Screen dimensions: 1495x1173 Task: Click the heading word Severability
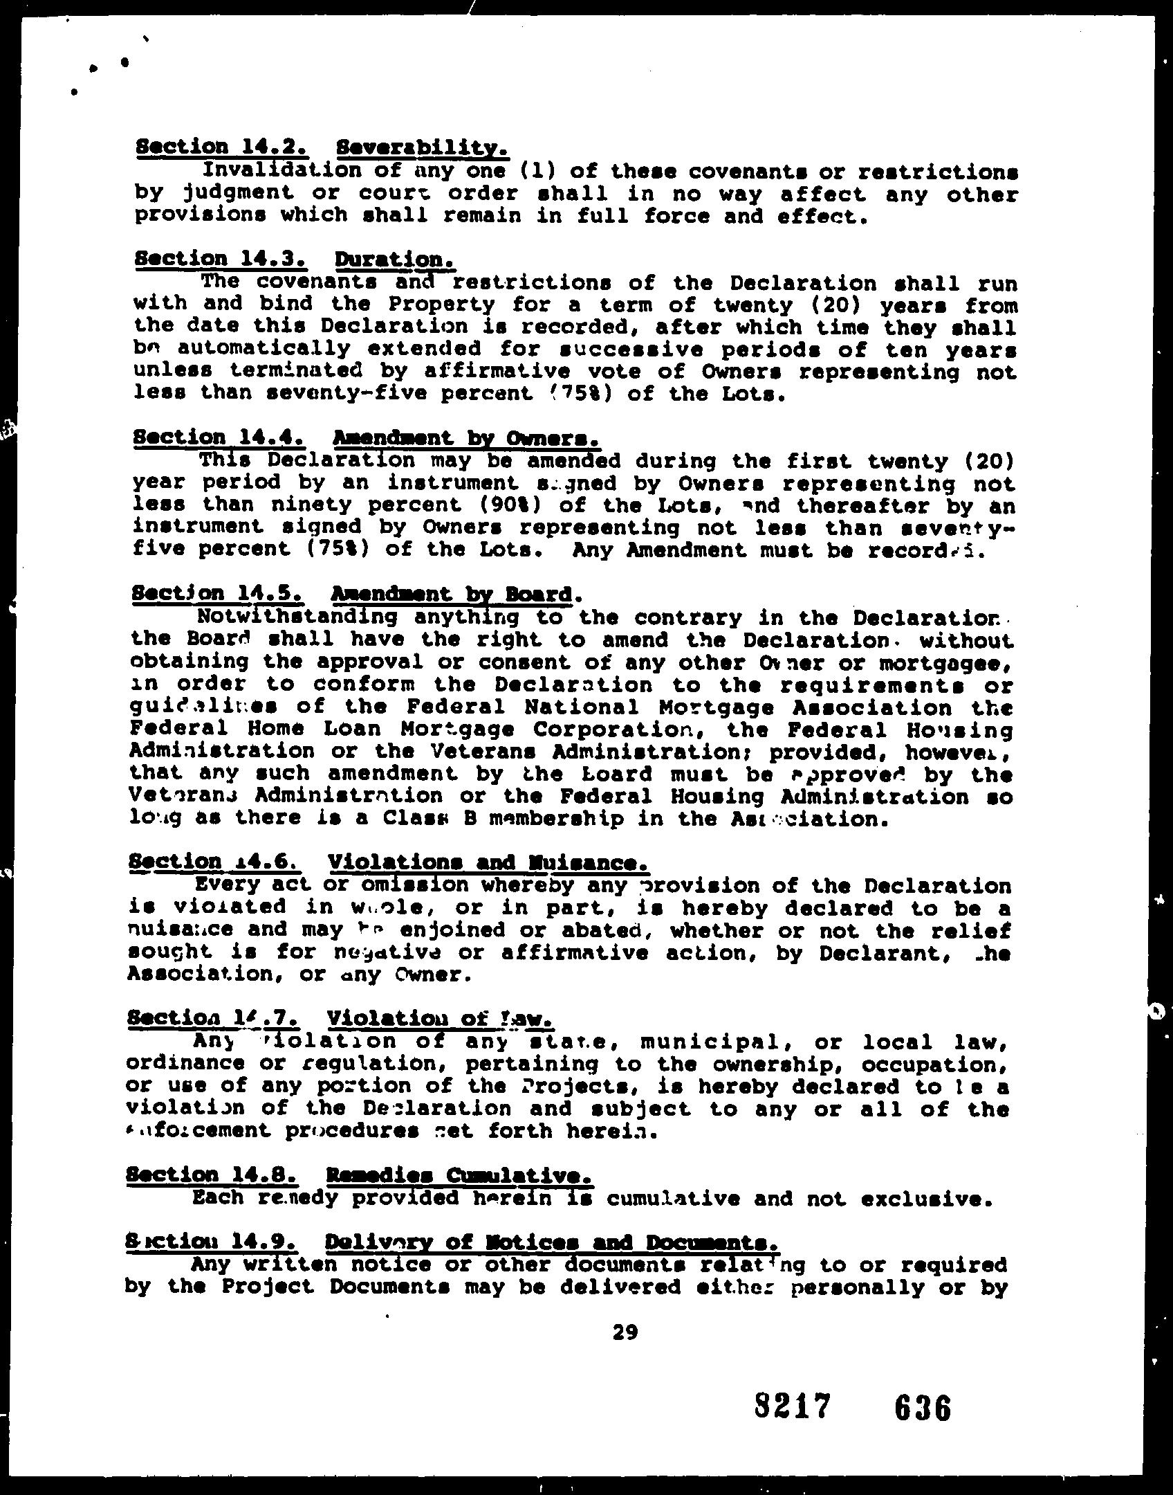(423, 148)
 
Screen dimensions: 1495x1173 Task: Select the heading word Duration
(394, 260)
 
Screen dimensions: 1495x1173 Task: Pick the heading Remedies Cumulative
(458, 1175)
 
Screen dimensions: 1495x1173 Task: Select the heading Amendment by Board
(453, 594)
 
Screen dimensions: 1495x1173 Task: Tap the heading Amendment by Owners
(465, 437)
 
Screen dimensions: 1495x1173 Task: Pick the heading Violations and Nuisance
(487, 862)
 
